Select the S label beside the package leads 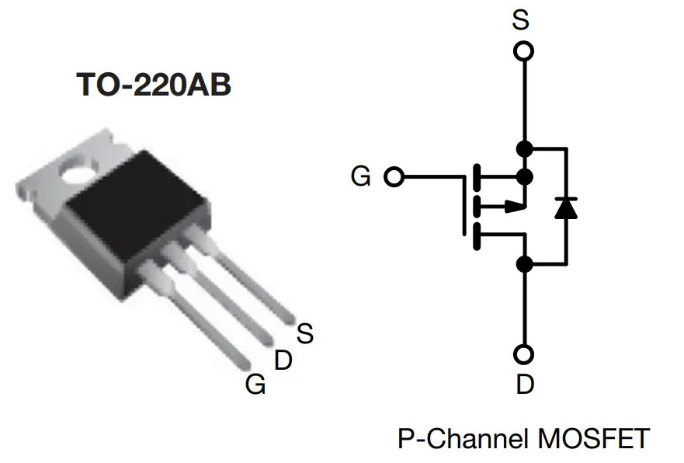[x=305, y=333]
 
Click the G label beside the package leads [x=255, y=384]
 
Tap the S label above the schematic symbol [x=521, y=19]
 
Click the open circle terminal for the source [x=525, y=51]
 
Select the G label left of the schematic [x=360, y=177]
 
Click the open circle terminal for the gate [x=394, y=177]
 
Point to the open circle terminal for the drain [x=525, y=354]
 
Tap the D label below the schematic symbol [x=525, y=384]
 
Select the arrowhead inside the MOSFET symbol [x=512, y=206]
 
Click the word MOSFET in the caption [x=592, y=439]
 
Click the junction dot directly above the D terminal [x=525, y=264]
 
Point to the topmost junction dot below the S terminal [x=525, y=148]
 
